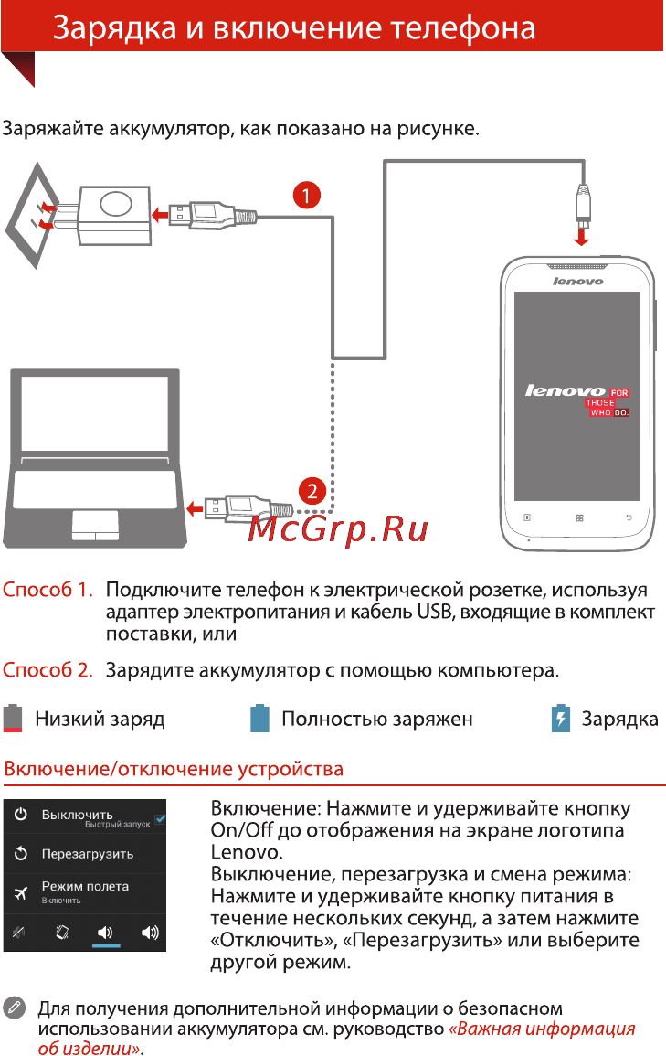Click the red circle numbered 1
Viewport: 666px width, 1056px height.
(x=307, y=196)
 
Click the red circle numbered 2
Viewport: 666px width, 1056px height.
(x=312, y=491)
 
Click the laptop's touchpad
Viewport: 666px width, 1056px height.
(x=95, y=525)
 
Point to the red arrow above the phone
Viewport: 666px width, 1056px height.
(x=581, y=236)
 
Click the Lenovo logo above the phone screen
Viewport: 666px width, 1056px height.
(x=578, y=281)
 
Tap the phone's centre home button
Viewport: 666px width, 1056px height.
(x=579, y=517)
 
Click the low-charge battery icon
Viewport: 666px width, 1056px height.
(x=13, y=718)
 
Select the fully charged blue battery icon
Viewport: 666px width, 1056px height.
(x=259, y=718)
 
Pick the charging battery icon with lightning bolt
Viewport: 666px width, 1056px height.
(x=560, y=718)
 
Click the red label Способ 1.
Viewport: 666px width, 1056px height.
(x=48, y=590)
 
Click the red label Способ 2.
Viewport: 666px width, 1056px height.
(x=48, y=669)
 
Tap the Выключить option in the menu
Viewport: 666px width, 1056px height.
(x=78, y=815)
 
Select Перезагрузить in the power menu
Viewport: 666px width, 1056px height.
(x=88, y=854)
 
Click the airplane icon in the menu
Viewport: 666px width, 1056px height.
(x=21, y=893)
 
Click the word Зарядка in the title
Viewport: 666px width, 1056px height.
(x=114, y=28)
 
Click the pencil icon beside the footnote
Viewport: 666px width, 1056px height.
(x=14, y=1008)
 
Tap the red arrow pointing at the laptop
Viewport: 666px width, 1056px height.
(x=195, y=507)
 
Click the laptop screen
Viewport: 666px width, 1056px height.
(x=94, y=413)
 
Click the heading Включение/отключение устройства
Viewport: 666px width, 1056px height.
(x=174, y=769)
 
